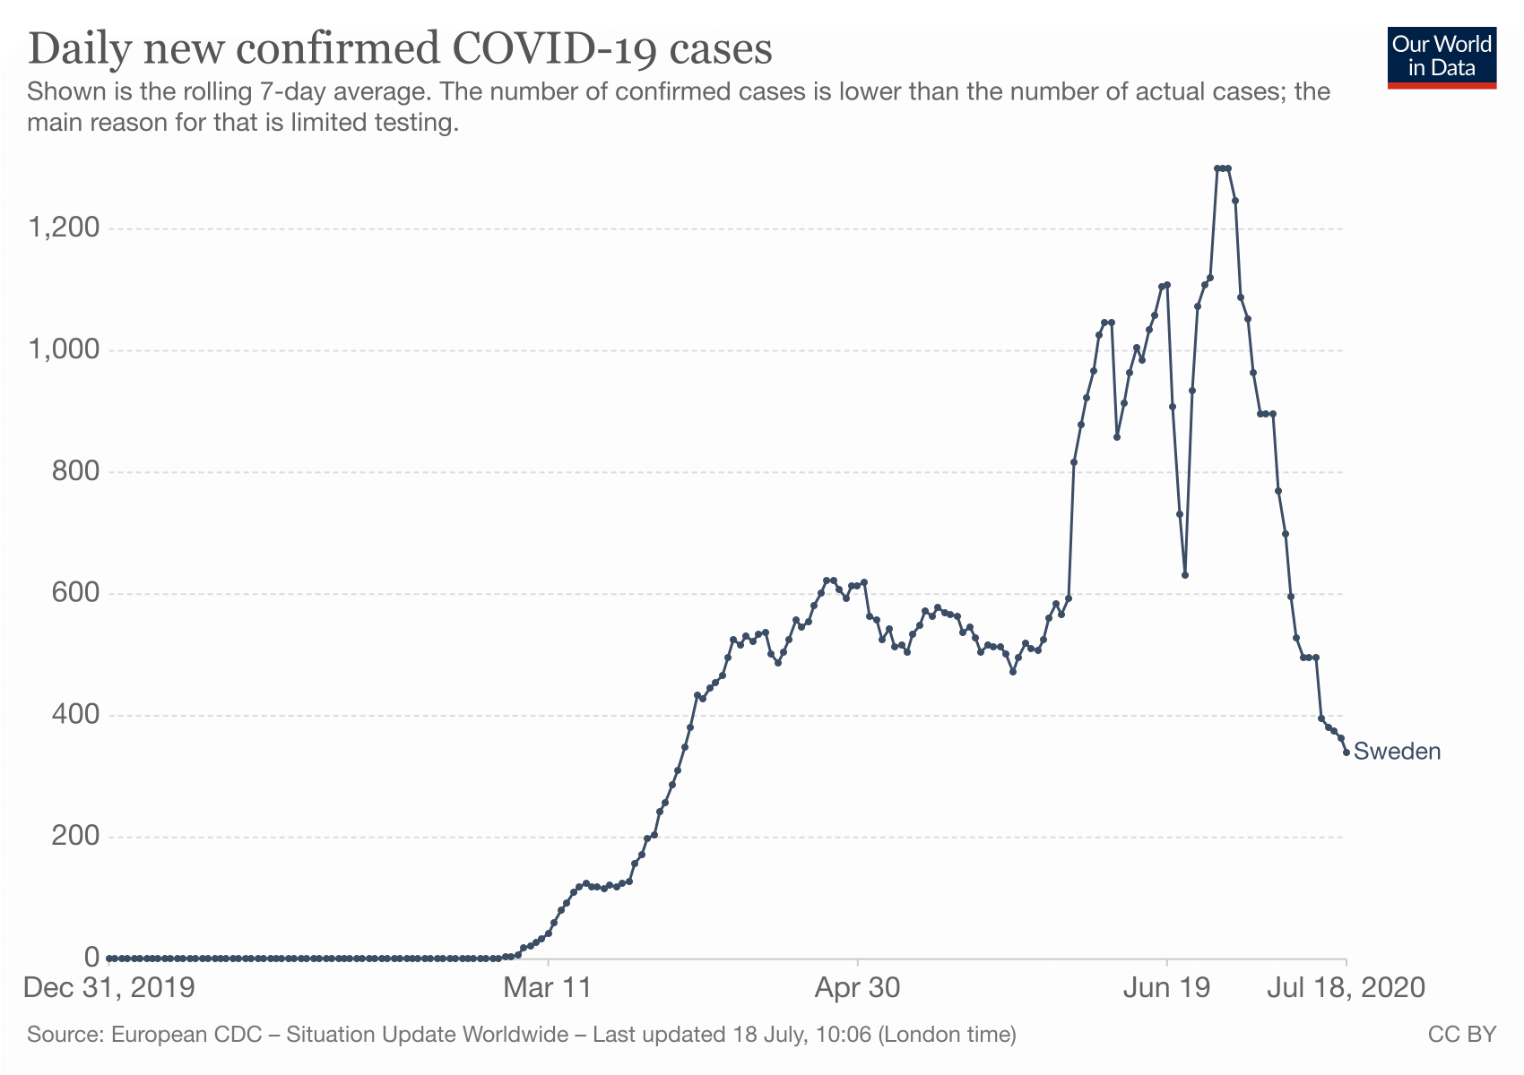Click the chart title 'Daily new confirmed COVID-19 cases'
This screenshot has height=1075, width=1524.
point(400,49)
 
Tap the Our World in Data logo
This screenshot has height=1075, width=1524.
point(1442,57)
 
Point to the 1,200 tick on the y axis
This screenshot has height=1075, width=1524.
point(64,228)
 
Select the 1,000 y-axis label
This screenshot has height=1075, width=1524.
point(64,350)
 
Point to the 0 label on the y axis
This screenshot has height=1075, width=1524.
point(91,958)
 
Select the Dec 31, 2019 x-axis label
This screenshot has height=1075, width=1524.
point(109,988)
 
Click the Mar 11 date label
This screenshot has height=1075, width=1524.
point(548,988)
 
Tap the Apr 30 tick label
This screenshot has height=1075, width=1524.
point(857,988)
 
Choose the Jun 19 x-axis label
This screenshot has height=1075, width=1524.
point(1166,988)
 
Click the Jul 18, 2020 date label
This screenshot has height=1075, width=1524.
point(1346,988)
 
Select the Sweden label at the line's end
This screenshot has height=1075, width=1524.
point(1397,752)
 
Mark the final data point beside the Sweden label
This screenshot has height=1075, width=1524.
point(1346,752)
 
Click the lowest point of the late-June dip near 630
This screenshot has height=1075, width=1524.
point(1185,575)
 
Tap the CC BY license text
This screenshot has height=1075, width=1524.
point(1461,1035)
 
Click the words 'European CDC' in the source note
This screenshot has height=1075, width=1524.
point(186,1035)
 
